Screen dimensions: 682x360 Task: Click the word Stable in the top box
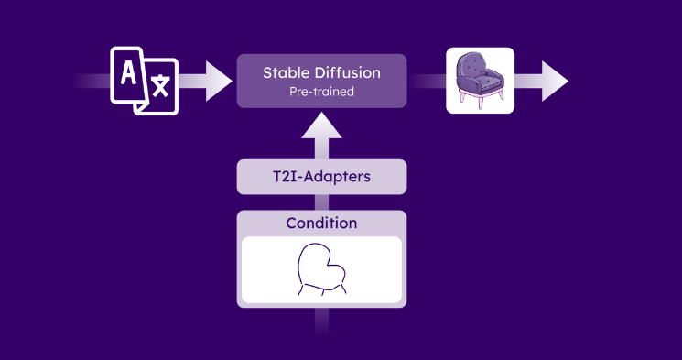283,72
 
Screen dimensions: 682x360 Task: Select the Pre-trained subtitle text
321,92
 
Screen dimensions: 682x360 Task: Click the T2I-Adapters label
321,176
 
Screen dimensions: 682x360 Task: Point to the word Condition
321,223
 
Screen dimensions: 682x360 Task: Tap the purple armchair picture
481,81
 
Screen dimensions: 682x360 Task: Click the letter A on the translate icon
128,72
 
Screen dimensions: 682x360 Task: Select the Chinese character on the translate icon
160,86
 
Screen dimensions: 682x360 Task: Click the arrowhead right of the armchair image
554,81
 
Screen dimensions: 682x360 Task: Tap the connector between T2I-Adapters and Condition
321,202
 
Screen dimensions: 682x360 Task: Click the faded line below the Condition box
321,321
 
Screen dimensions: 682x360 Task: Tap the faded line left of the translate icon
92,81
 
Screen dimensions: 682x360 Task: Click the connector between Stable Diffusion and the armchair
427,81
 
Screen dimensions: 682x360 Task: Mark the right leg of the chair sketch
342,289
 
